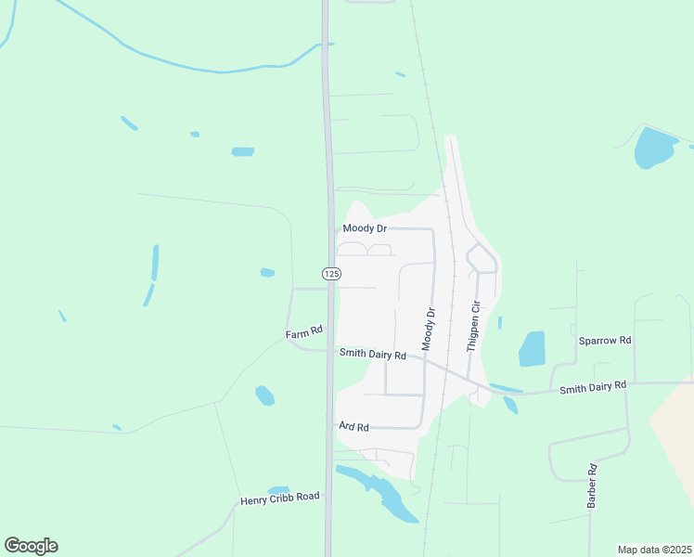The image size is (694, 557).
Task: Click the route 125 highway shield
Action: click(x=332, y=273)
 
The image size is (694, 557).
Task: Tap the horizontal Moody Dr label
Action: click(x=365, y=228)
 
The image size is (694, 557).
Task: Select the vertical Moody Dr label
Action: click(x=429, y=329)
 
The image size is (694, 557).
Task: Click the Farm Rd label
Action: click(x=303, y=331)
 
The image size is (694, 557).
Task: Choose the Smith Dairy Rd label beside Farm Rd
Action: click(x=373, y=354)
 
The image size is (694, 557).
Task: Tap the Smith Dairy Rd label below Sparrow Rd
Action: click(x=593, y=385)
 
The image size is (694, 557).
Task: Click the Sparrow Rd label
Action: click(x=605, y=341)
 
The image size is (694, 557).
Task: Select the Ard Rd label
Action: click(x=354, y=427)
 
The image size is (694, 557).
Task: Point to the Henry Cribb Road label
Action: click(x=279, y=498)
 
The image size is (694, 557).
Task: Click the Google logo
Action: click(x=31, y=546)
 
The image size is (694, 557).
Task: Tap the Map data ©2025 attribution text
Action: click(x=655, y=550)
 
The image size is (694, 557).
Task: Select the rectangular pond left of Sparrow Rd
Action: click(x=533, y=348)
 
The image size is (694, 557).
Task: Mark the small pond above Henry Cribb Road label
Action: click(x=278, y=489)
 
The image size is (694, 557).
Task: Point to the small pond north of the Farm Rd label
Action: click(x=267, y=272)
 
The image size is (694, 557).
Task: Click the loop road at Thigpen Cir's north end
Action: click(x=482, y=258)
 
